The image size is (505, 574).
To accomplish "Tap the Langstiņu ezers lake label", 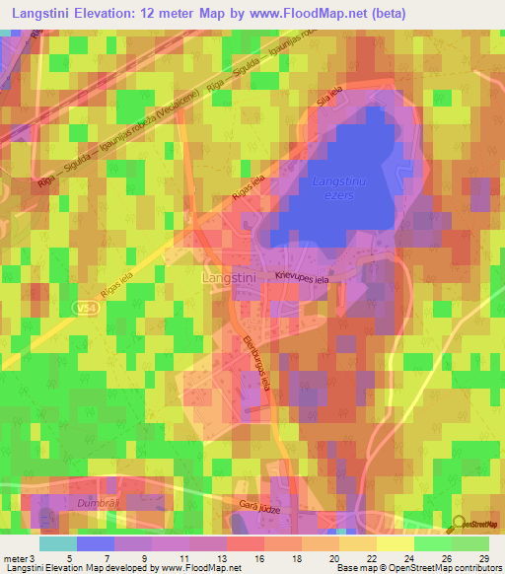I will [338, 188].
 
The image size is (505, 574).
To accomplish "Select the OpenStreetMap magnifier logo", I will [460, 523].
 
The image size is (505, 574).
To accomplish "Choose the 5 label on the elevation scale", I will [68, 558].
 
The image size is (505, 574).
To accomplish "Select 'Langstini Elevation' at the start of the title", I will [64, 12].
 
